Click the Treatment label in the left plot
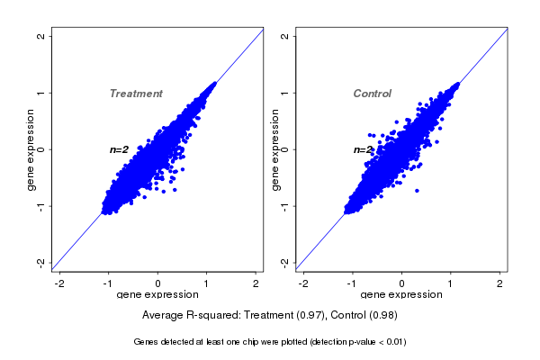136,94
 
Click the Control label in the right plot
373,94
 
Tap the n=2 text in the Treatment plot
119,149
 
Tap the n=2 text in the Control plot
363,149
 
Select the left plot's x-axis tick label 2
256,283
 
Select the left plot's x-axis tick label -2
59,283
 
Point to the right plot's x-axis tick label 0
402,283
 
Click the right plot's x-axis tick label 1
451,283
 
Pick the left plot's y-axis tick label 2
41,36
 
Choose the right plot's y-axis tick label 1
285,93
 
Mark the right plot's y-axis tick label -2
285,262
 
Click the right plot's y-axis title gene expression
274,149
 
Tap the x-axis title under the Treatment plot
157,295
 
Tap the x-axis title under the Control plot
401,295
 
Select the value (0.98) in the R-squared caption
382,316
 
